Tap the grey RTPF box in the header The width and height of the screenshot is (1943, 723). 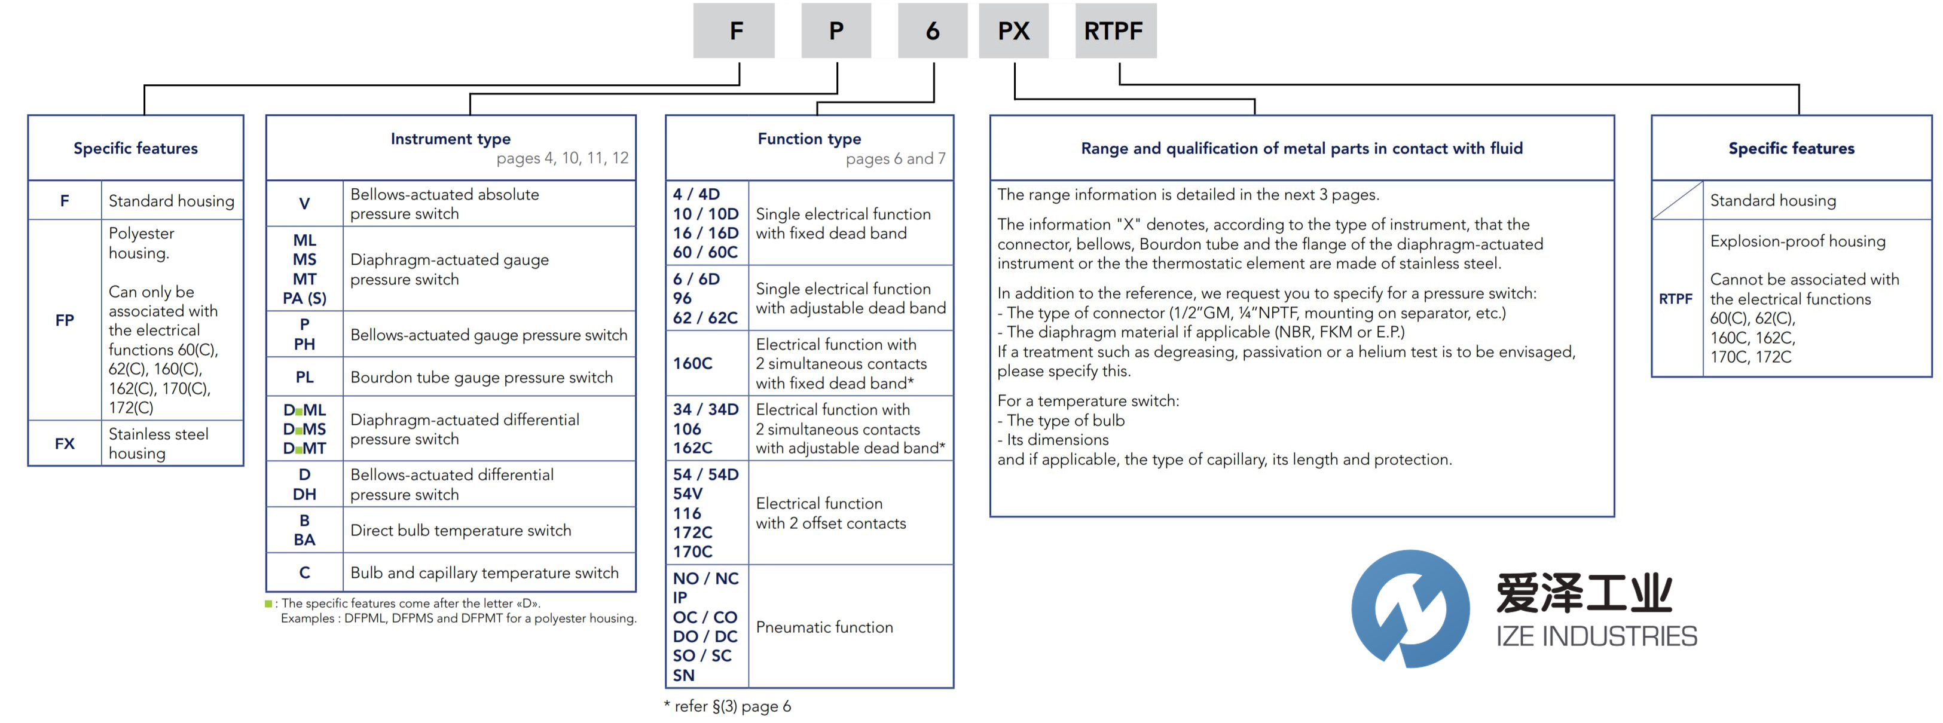pyautogui.click(x=1115, y=31)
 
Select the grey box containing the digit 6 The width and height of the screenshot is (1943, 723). pyautogui.click(x=932, y=31)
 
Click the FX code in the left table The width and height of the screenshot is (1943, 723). pyautogui.click(x=65, y=443)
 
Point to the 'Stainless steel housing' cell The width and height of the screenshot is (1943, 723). pyautogui.click(x=158, y=443)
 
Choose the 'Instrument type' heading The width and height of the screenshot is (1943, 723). pyautogui.click(x=450, y=139)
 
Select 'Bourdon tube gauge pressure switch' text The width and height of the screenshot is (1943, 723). pyautogui.click(x=481, y=377)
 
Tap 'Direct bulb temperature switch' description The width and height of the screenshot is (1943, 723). pyautogui.click(x=460, y=530)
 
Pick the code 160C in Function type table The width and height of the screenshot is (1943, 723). pyautogui.click(x=692, y=363)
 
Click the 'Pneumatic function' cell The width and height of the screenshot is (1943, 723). pyautogui.click(x=824, y=626)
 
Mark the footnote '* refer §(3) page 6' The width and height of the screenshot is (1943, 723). pyautogui.click(x=728, y=706)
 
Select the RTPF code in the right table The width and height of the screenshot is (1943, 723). pyautogui.click(x=1675, y=299)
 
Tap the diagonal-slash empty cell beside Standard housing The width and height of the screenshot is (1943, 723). pyautogui.click(x=1677, y=200)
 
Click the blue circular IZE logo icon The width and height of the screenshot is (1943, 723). pyautogui.click(x=1410, y=608)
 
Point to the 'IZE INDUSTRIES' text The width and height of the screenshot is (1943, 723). pyautogui.click(x=1596, y=636)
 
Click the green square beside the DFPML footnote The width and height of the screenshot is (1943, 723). pyautogui.click(x=268, y=603)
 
